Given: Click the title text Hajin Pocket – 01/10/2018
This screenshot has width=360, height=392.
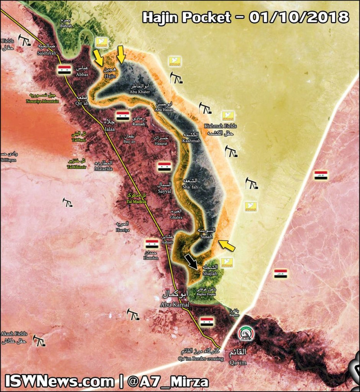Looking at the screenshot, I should coord(245,17).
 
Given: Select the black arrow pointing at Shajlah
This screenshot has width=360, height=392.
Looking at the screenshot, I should coord(192,263).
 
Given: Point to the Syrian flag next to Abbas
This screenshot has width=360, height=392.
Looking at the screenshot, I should coord(64,70).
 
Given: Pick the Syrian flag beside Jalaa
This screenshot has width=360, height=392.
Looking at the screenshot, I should coord(123,116).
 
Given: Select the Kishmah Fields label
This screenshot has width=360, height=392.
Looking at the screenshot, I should coord(221,129).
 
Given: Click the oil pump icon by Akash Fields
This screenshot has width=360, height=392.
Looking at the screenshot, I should coord(40,342).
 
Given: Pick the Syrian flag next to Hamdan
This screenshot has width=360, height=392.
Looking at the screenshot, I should coord(152,244).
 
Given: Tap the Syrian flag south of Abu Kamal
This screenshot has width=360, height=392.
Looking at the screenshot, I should coord(206,321).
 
